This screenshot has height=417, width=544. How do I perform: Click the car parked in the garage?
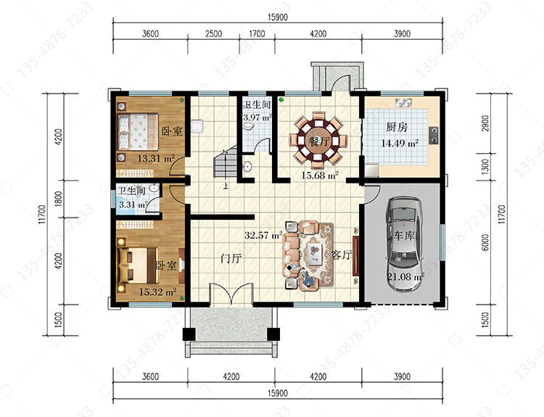coord(405,244)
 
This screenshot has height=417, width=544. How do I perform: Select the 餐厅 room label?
coord(318,141)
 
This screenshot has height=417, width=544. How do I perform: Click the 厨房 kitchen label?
coord(397,127)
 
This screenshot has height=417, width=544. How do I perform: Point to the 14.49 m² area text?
coord(400,143)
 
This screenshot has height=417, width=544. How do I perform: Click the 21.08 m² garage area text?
coord(405,277)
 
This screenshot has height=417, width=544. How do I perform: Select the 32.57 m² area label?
coord(263,235)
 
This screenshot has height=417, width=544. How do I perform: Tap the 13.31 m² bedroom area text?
coord(156,159)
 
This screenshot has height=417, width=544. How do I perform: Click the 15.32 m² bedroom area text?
coord(157,292)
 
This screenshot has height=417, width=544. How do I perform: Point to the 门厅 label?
coord(231,258)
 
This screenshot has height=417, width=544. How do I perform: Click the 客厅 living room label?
coord(342,255)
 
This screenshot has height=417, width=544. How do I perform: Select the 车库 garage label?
coord(404,236)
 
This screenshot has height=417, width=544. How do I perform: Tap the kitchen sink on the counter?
coord(403,103)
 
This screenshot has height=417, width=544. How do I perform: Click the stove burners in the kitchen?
coord(433,136)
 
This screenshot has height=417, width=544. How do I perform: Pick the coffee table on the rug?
coord(316,254)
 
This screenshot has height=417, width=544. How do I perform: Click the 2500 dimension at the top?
coord(213,33)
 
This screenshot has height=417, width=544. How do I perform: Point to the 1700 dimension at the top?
coord(257,33)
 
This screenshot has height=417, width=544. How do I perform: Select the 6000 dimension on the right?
coord(485,242)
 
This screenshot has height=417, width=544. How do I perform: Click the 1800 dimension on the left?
coord(59,199)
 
